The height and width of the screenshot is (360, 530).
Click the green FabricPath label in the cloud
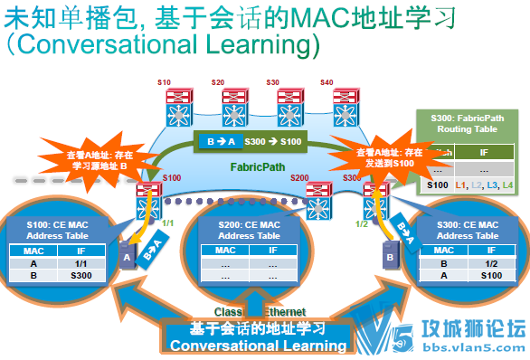(258, 167)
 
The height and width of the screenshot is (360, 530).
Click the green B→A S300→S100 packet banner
(251, 141)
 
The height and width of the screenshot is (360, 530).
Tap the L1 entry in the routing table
(461, 185)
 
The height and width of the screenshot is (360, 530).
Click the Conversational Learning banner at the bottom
(258, 336)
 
